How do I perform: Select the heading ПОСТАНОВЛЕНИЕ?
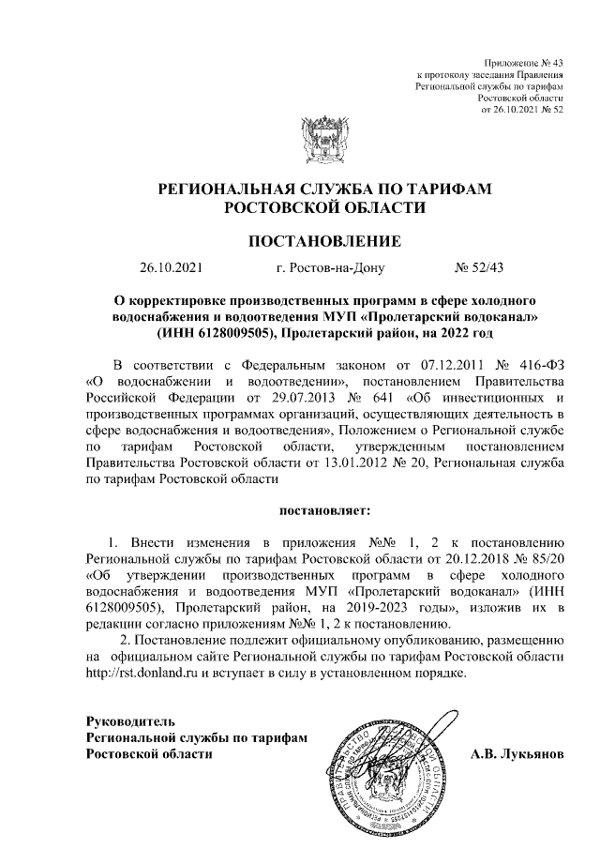(x=323, y=241)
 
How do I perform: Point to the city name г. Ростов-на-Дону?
(x=331, y=267)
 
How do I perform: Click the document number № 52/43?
(x=479, y=267)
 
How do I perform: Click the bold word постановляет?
(x=324, y=511)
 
